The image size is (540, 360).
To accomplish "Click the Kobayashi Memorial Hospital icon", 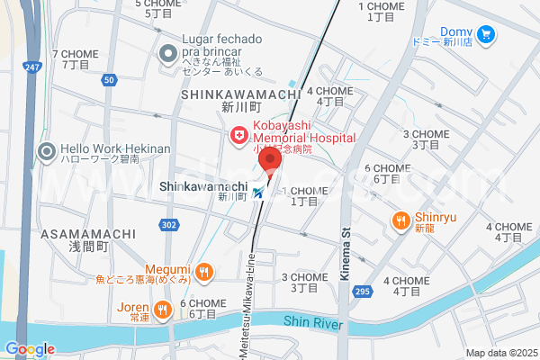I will click(x=239, y=135).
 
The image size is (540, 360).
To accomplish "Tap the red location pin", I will click(x=268, y=161).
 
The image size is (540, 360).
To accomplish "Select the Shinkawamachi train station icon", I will click(x=259, y=192).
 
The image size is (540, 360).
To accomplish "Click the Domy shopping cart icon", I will click(x=486, y=34).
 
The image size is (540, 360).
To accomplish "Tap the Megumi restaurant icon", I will click(x=204, y=270).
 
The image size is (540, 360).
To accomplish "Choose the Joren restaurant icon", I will click(x=162, y=310).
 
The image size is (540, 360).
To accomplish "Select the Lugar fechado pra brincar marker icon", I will click(x=166, y=54).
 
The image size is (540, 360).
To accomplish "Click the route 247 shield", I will click(x=32, y=67).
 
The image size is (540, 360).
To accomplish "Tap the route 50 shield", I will click(x=109, y=81).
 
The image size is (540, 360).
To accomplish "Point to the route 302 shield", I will click(x=170, y=224).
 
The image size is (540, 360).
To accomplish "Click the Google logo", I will click(x=30, y=349).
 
